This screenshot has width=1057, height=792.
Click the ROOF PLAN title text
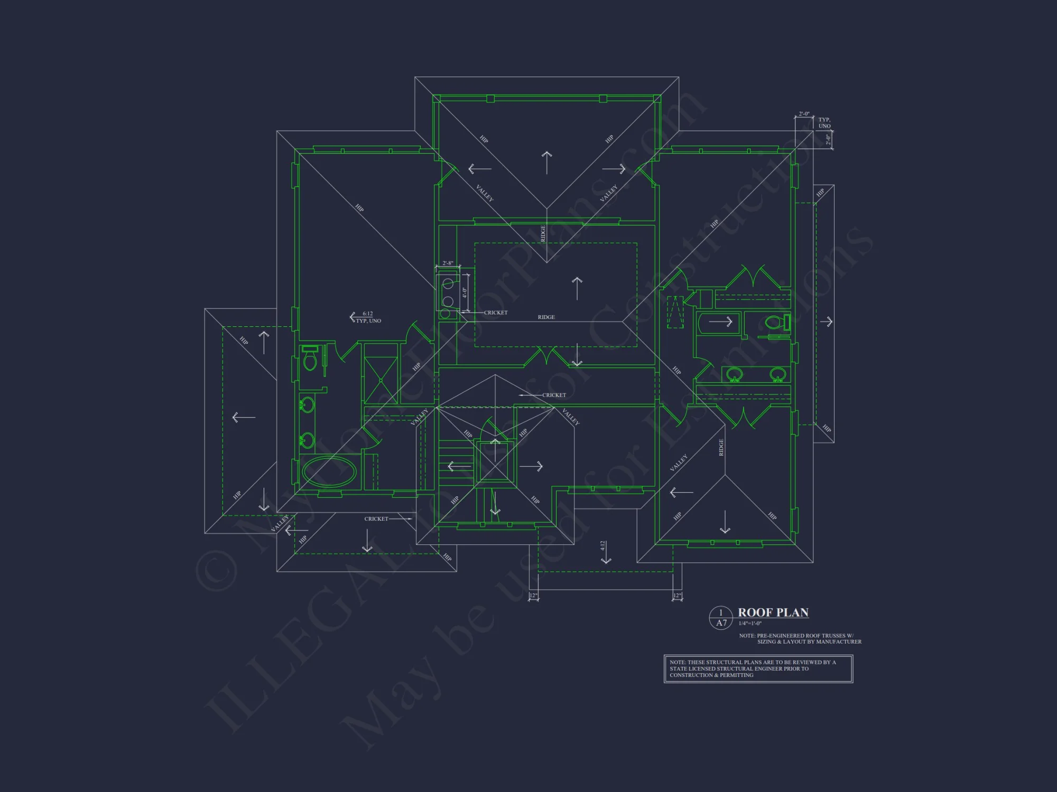coord(773,612)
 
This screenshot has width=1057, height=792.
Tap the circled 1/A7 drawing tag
coord(721,618)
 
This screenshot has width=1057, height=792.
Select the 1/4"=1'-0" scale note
coord(750,624)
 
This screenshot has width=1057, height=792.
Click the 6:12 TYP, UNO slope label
coord(368,317)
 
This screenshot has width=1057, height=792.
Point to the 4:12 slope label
coord(602,545)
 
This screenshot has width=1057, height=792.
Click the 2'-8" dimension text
coord(448,263)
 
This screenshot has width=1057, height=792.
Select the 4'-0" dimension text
coord(465,293)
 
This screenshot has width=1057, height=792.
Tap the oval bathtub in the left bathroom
coord(328,472)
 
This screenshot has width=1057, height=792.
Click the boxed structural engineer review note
coord(758,668)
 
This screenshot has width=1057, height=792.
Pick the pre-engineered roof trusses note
coord(800,639)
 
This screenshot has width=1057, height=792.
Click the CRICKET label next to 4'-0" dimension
coord(496,313)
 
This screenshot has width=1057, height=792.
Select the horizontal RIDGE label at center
coord(546,317)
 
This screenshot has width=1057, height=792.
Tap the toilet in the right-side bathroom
coord(774,322)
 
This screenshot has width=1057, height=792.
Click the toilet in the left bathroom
coord(310,362)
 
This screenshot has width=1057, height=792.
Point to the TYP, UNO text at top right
coord(824,123)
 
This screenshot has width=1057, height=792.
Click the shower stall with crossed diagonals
coord(381,380)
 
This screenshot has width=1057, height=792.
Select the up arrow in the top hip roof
coord(546,162)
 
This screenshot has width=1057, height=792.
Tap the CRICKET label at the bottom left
coord(376,519)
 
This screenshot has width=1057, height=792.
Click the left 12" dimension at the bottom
coord(533,596)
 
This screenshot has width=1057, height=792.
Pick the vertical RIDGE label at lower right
coord(721,447)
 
